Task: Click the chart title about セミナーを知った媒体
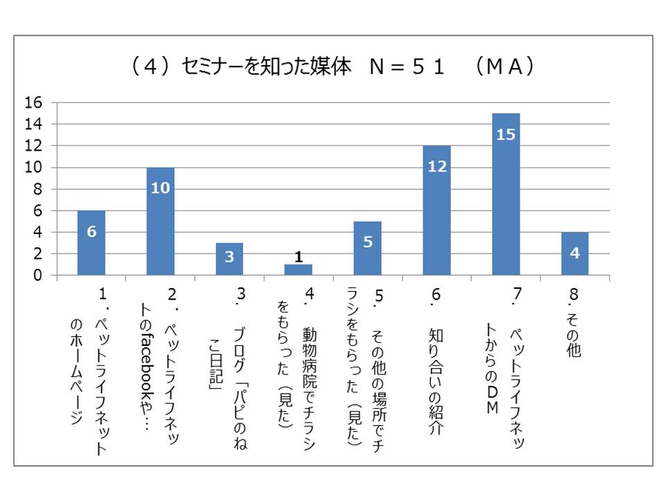(333, 67)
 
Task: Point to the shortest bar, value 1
(298, 270)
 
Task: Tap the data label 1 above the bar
(298, 257)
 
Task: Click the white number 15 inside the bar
(506, 134)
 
